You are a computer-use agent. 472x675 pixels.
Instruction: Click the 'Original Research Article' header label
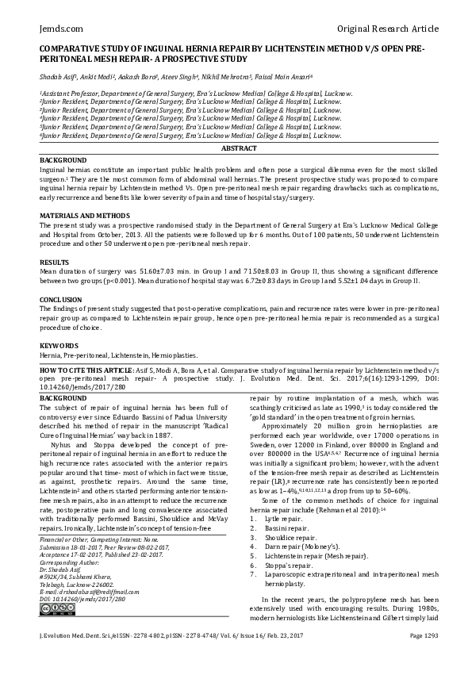(387, 29)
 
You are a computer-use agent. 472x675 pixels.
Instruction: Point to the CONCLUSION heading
(60, 301)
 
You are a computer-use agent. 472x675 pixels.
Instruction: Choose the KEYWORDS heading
(59, 346)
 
